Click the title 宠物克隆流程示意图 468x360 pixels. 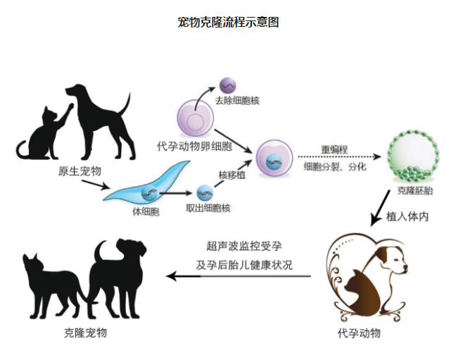[x=229, y=23]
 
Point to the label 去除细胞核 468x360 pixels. [x=237, y=101]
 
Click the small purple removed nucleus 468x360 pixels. [x=227, y=85]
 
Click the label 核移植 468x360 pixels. [x=232, y=175]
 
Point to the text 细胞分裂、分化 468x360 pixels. [x=334, y=168]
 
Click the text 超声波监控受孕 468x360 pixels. [x=244, y=246]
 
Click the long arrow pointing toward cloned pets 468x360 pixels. [x=239, y=276]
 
